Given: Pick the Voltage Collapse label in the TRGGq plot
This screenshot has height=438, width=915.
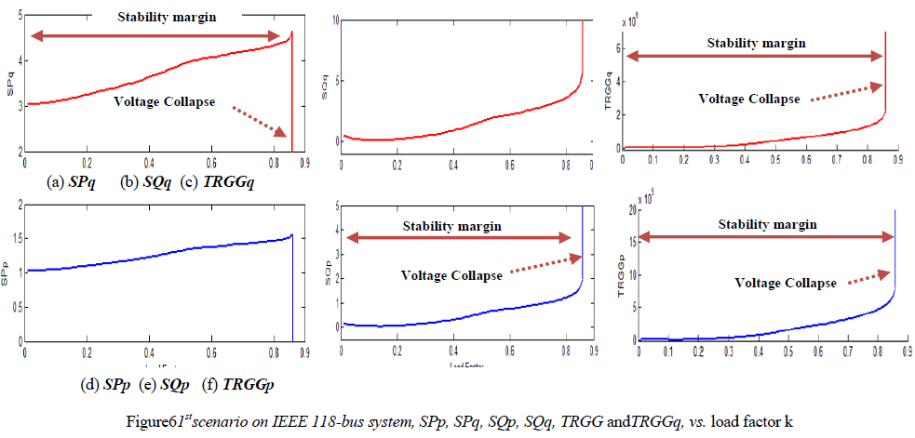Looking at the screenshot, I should tap(749, 99).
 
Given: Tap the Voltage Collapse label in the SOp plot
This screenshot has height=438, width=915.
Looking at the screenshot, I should tap(451, 275).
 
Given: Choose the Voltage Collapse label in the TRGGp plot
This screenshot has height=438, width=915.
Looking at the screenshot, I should tap(786, 283).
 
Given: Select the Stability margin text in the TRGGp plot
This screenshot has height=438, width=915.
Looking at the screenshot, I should tap(768, 224).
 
